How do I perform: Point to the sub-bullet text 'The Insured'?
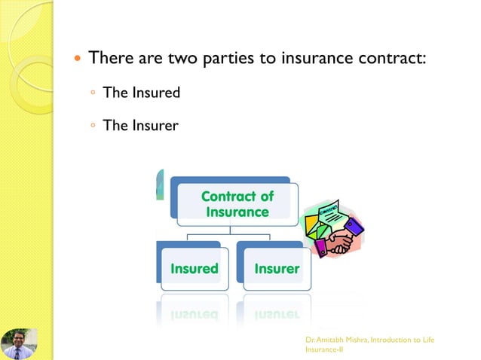pyautogui.click(x=141, y=93)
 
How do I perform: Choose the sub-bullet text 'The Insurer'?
pyautogui.click(x=140, y=125)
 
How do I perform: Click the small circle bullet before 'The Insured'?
pyautogui.click(x=91, y=93)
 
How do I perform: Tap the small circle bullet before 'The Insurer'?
pyautogui.click(x=91, y=125)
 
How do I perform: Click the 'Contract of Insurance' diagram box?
pyautogui.click(x=237, y=203)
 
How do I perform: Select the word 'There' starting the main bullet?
pyautogui.click(x=112, y=58)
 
